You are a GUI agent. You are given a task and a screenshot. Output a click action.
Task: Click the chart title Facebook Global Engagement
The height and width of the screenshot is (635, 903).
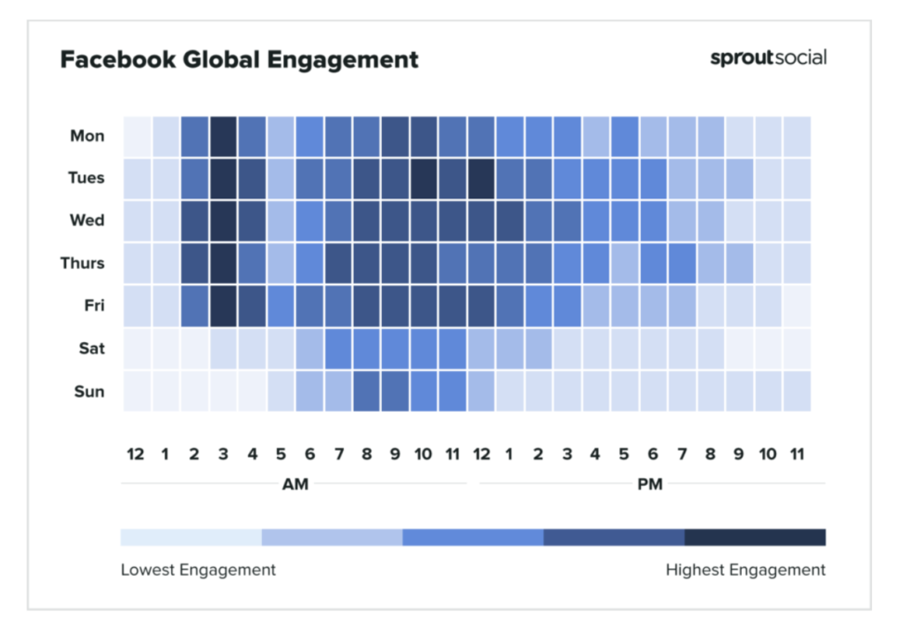[x=239, y=59]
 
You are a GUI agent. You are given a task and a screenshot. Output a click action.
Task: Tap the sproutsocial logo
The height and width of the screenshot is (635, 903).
[x=768, y=57]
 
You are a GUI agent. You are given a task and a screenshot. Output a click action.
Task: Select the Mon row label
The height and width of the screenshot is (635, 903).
[x=87, y=136]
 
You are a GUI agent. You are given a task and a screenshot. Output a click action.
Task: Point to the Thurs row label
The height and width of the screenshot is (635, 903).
[x=82, y=264]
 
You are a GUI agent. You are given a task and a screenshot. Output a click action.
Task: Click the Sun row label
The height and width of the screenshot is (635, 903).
[x=89, y=392]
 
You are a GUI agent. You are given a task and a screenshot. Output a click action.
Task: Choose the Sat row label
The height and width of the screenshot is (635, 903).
[x=92, y=348]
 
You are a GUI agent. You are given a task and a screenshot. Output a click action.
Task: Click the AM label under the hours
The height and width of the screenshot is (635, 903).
[x=295, y=484]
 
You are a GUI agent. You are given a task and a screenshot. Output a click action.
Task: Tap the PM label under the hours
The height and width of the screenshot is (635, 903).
[x=650, y=484]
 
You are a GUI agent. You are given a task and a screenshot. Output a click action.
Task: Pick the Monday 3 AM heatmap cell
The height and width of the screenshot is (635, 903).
[x=223, y=137]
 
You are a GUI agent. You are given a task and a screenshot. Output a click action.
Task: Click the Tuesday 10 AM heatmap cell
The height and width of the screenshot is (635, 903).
[x=424, y=179]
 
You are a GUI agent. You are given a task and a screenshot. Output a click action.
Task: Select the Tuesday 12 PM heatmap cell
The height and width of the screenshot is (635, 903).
[x=481, y=179]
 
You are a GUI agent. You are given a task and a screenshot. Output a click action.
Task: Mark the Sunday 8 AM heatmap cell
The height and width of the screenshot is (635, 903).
[x=367, y=392]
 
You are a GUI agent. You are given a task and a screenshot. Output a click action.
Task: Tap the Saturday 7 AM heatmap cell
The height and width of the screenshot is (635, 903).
[x=338, y=348]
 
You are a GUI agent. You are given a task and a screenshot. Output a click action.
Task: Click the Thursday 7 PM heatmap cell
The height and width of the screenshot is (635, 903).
[x=683, y=264]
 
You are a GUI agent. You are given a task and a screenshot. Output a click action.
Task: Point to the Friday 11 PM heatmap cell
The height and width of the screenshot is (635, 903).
[x=797, y=306]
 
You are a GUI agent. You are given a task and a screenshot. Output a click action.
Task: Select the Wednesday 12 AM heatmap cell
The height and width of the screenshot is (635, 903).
[x=137, y=220]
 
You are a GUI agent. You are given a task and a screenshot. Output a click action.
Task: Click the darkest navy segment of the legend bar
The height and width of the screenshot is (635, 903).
[x=755, y=537]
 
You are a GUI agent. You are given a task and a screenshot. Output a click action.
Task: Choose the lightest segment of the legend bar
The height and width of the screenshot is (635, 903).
[x=191, y=537]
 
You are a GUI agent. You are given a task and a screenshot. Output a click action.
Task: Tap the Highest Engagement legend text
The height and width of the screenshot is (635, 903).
[x=745, y=570]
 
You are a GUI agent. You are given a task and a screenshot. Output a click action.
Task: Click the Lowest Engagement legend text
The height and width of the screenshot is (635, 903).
[x=198, y=570]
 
